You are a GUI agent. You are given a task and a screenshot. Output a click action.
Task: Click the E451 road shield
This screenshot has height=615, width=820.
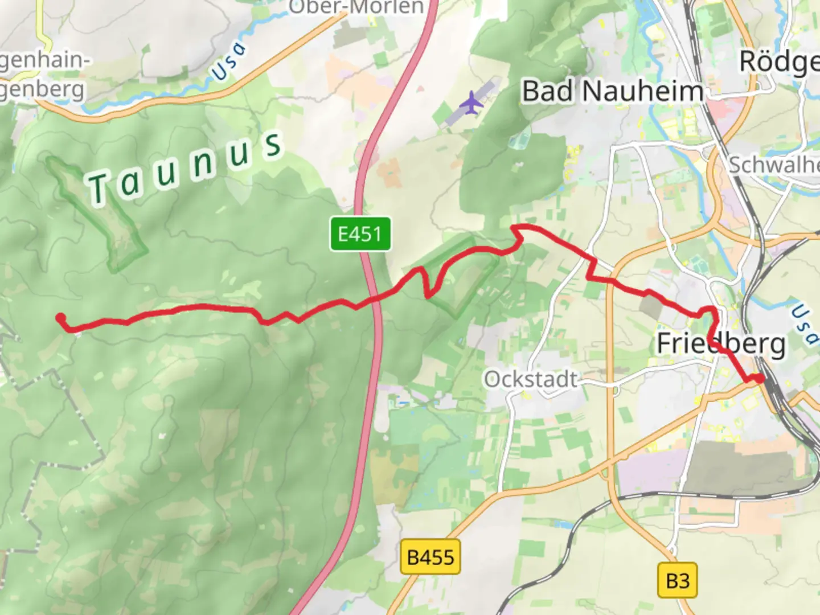coord(360,233)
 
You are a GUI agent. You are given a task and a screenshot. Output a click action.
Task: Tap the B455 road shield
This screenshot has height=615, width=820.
coord(430,556)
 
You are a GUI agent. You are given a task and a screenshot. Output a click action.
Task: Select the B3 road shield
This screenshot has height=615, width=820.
coord(677,580)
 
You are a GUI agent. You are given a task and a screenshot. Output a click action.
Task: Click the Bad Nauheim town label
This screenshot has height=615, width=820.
coord(613,91)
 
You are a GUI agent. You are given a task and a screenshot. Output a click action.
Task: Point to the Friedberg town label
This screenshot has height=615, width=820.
coord(721,343)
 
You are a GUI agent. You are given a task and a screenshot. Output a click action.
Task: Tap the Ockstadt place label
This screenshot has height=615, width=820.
coord(531,379)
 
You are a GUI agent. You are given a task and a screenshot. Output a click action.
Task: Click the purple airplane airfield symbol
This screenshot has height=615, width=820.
coord(471,103)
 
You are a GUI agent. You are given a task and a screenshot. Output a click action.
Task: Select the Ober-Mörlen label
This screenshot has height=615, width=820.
coord(356,7)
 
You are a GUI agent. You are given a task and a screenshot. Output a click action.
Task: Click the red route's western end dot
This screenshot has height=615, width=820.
coord(60,318)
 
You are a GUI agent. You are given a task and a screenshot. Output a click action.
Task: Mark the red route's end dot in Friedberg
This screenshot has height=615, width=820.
coord(759,378)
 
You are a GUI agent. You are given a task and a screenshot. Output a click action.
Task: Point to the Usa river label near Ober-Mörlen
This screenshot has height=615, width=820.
coord(229,61)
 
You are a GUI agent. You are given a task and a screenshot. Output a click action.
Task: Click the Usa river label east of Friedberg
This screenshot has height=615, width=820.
coord(803,324)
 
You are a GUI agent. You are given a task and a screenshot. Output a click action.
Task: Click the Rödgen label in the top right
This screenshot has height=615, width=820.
coord(779,62)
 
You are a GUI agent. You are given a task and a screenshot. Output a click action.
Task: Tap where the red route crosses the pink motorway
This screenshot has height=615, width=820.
coord(375,298)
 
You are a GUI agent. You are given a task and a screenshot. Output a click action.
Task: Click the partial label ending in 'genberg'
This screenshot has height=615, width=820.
coord(42,89)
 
